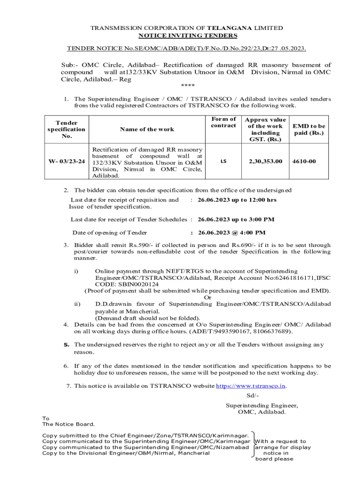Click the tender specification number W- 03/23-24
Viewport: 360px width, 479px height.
(x=66, y=161)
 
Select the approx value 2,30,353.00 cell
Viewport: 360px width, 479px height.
(x=265, y=161)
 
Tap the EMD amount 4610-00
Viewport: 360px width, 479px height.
(x=304, y=161)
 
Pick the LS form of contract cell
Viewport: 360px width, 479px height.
(x=223, y=161)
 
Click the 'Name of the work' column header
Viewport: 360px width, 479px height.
(x=146, y=130)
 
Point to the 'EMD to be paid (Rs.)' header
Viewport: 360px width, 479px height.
(x=309, y=130)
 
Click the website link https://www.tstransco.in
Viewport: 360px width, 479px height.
(x=251, y=386)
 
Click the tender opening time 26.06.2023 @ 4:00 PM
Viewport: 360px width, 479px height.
(x=232, y=232)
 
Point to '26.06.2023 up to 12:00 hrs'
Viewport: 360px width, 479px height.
(x=237, y=200)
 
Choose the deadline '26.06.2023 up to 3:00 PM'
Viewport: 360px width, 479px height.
(x=236, y=219)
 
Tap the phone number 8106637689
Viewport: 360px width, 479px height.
(x=272, y=331)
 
